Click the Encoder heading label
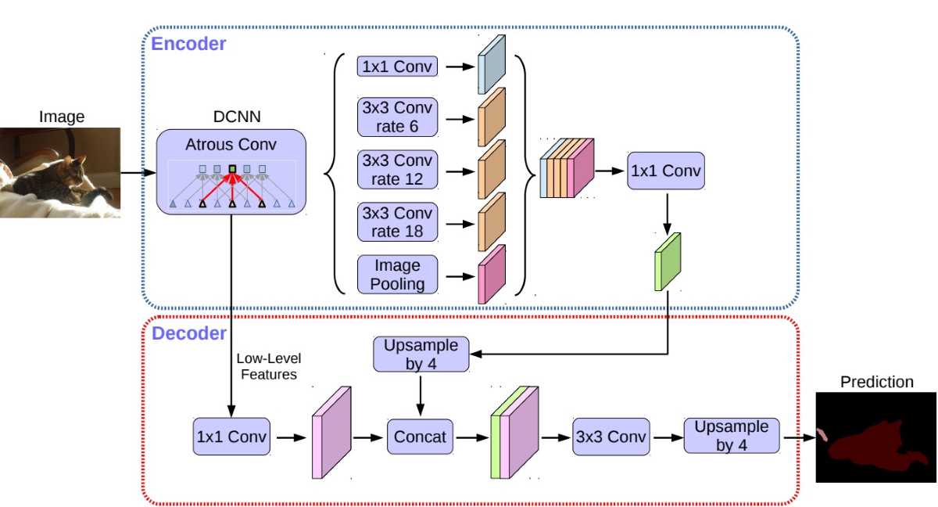click(188, 44)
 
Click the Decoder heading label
click(188, 334)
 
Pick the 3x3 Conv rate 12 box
click(397, 170)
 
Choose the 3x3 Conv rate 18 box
click(397, 222)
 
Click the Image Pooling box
click(397, 275)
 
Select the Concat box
click(421, 436)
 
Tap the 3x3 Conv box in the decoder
click(611, 437)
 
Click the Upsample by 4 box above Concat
click(421, 354)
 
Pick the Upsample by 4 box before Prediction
click(732, 436)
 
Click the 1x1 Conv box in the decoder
click(231, 436)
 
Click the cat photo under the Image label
click(60, 172)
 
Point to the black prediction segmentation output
click(875, 437)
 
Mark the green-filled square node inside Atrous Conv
click(232, 169)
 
